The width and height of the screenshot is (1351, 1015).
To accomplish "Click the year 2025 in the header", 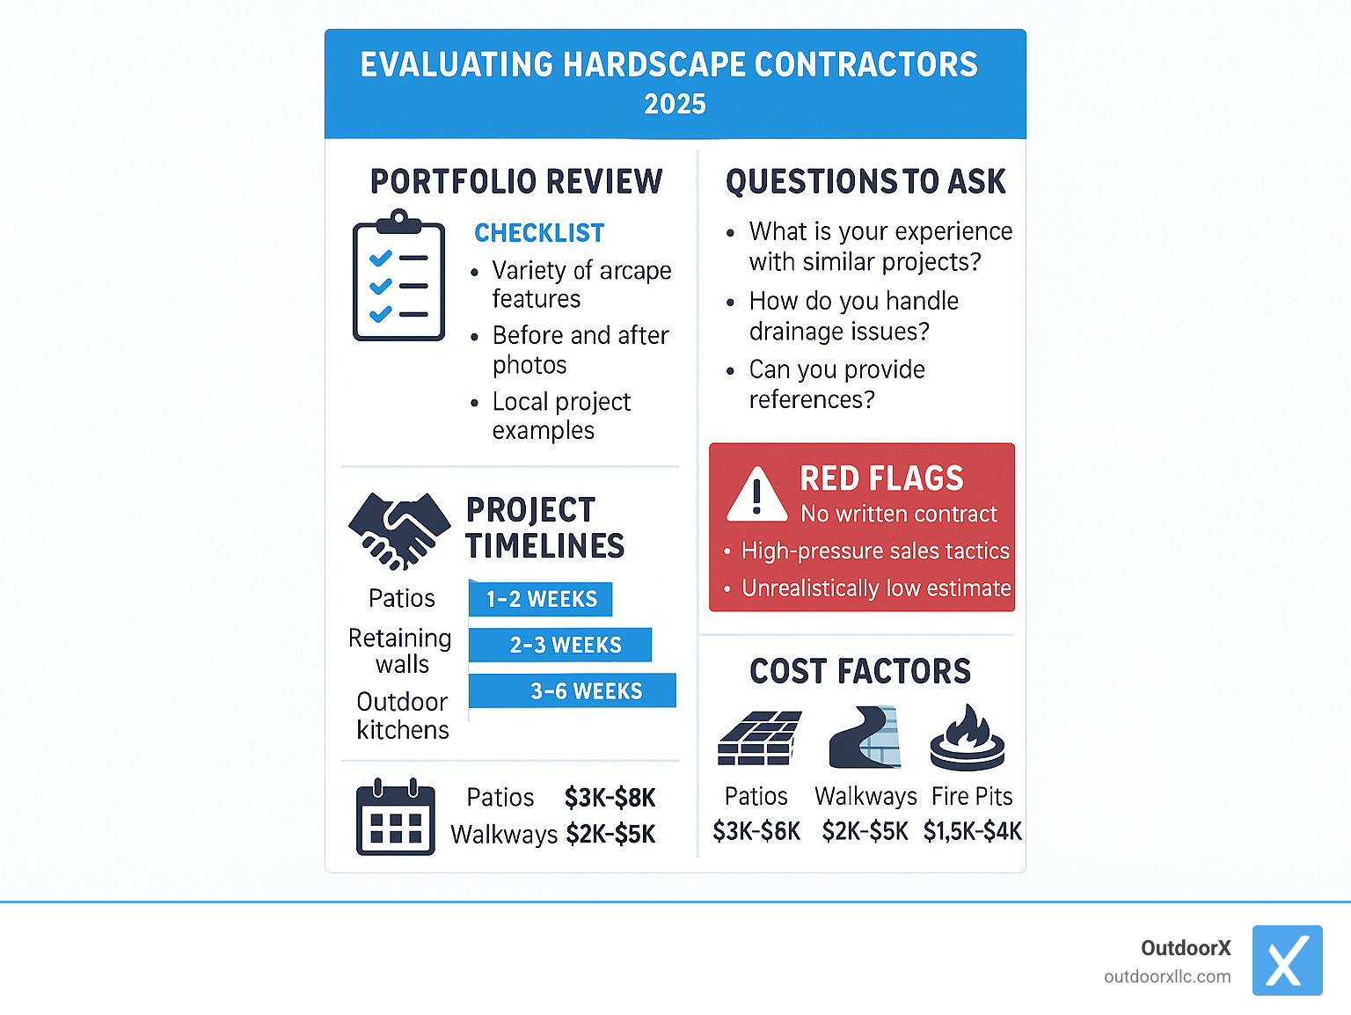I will (x=675, y=104).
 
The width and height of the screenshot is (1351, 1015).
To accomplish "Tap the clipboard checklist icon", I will (x=398, y=276).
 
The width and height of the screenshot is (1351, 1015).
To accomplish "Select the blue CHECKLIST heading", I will (x=539, y=233).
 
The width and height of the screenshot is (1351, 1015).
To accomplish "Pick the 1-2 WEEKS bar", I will (x=541, y=599).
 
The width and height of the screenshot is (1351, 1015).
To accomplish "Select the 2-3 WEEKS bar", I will (x=561, y=645).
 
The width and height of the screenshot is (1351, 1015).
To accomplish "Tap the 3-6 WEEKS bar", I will (x=573, y=690).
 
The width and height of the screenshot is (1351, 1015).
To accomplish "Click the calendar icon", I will (x=395, y=817).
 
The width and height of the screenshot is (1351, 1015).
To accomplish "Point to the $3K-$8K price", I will (x=610, y=798).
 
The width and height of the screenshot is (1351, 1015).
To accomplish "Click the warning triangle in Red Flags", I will (x=756, y=494).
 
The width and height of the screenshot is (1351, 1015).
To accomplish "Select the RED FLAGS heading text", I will (x=881, y=478).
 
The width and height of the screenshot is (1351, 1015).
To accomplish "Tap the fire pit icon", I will (x=968, y=739).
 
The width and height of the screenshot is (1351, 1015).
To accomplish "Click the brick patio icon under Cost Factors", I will (x=759, y=738).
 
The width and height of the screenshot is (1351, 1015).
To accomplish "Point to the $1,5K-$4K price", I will (x=972, y=831).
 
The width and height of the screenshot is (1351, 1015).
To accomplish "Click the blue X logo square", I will (x=1287, y=960).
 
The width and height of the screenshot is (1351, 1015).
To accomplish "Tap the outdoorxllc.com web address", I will (x=1167, y=976).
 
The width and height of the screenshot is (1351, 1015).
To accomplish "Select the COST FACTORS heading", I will (x=860, y=671).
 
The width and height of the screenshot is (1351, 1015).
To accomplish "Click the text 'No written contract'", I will (x=898, y=514).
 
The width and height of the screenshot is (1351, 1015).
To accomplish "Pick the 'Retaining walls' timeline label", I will (x=400, y=650).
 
